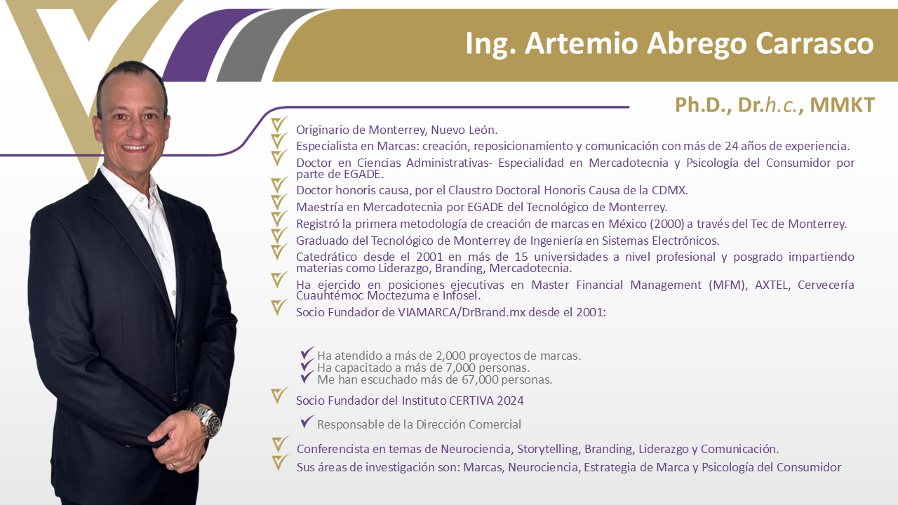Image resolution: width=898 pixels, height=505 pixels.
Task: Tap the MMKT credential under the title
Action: pyautogui.click(x=843, y=105)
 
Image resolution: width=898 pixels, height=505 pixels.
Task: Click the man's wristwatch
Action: pyautogui.click(x=206, y=419)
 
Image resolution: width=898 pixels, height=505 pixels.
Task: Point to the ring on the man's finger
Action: pyautogui.click(x=175, y=466)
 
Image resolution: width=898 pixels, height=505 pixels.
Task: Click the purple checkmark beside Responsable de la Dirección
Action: pyautogui.click(x=307, y=422)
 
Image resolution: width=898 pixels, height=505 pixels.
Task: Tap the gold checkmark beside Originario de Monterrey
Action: pyautogui.click(x=279, y=124)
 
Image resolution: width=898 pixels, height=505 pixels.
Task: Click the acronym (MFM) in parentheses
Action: pyautogui.click(x=728, y=285)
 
